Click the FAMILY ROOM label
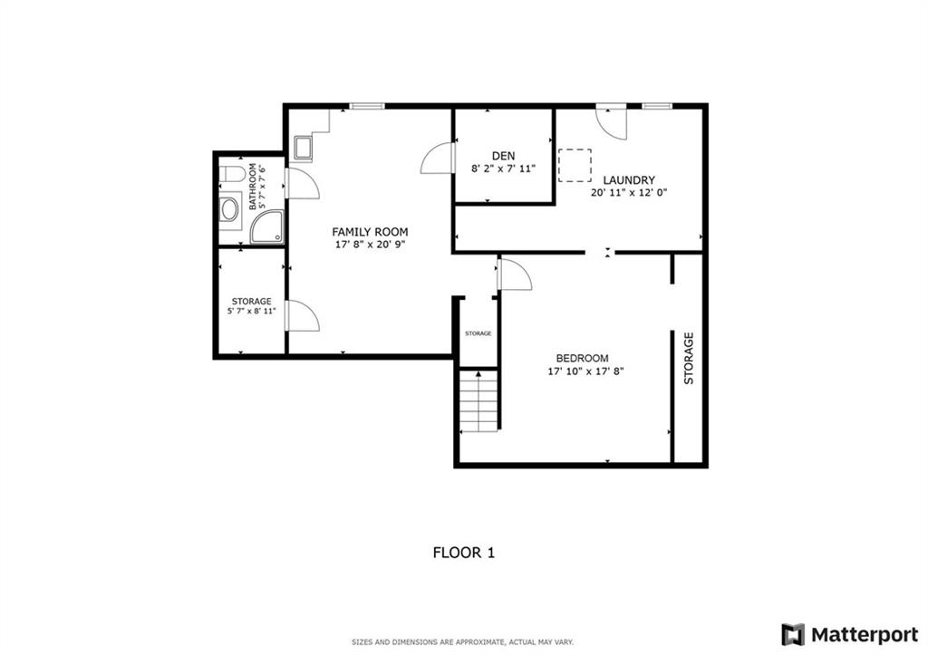[x=370, y=232]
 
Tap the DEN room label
[x=503, y=156]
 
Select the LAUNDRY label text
[x=629, y=180]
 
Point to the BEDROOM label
[x=582, y=358]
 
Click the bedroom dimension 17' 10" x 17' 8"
[x=585, y=371]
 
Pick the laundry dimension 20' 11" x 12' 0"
[x=629, y=192]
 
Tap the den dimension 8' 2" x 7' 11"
[x=503, y=168]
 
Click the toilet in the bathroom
[x=232, y=176]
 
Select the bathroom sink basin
[x=229, y=209]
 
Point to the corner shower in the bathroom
[x=267, y=226]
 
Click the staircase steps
[x=478, y=400]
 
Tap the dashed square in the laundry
[x=575, y=165]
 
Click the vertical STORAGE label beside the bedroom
[x=689, y=359]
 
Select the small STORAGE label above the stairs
[x=478, y=333]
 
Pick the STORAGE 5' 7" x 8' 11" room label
[x=252, y=306]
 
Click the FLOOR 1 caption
[x=463, y=553]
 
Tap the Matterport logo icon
[x=793, y=635]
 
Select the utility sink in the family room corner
[x=303, y=149]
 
